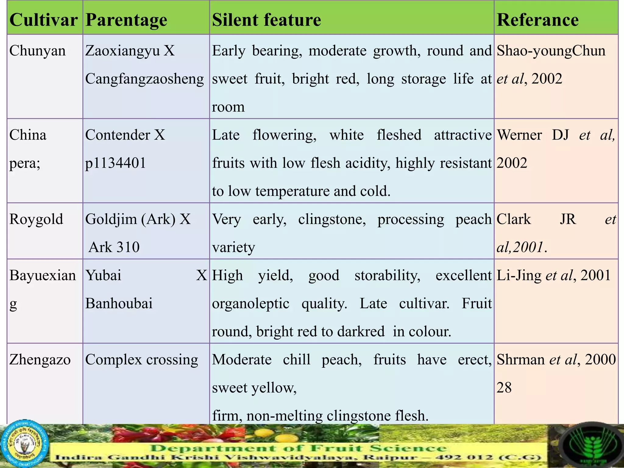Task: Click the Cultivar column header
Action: [44, 20]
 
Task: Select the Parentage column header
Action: [126, 20]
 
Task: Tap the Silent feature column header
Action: [267, 20]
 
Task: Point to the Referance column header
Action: [538, 20]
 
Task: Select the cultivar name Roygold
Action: [36, 220]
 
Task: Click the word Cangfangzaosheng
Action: [144, 79]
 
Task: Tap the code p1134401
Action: [115, 163]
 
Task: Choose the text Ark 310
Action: [114, 247]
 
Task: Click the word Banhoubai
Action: [119, 303]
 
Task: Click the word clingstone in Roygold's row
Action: [332, 220]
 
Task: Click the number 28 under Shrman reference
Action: [504, 388]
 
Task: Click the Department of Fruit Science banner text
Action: [299, 448]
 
